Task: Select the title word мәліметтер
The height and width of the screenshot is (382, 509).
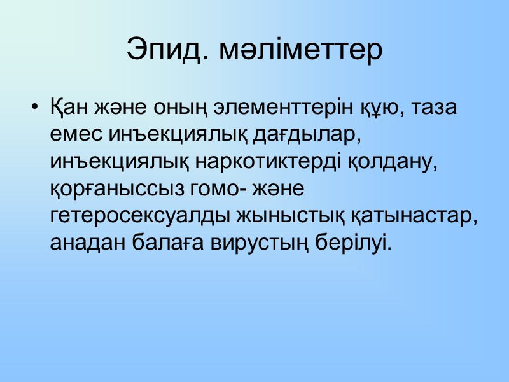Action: point(300,50)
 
